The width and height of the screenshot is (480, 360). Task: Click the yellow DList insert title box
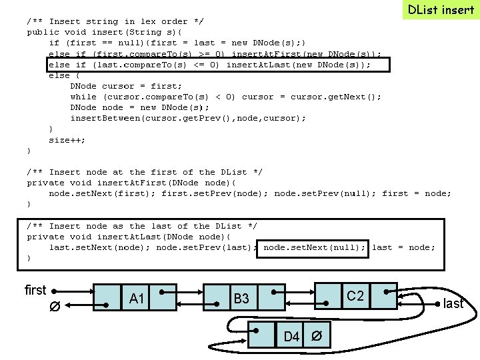click(x=441, y=10)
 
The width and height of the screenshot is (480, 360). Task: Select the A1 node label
click(x=137, y=299)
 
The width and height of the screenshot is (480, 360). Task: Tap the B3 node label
click(x=241, y=299)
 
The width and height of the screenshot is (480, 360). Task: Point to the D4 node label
click(x=291, y=336)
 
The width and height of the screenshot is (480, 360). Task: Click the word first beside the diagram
click(x=35, y=290)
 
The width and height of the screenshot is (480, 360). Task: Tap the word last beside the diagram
click(x=453, y=303)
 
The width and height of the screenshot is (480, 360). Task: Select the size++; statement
click(x=67, y=139)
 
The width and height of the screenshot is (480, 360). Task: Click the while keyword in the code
click(x=83, y=97)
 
